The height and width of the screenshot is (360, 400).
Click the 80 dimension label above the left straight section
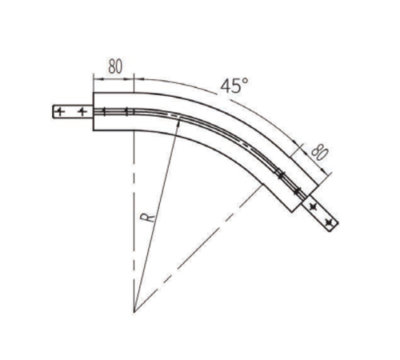tap(115, 66)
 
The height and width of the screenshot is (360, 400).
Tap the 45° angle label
tap(234, 86)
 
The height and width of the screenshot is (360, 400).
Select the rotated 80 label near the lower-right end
tap(319, 152)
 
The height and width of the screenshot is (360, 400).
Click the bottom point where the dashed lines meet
tap(134, 312)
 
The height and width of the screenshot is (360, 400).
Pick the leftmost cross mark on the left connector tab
tap(61, 111)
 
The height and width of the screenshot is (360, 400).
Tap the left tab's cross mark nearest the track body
tap(82, 111)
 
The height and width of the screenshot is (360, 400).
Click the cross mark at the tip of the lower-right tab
tap(329, 222)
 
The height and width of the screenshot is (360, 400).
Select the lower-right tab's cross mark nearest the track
tap(314, 206)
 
